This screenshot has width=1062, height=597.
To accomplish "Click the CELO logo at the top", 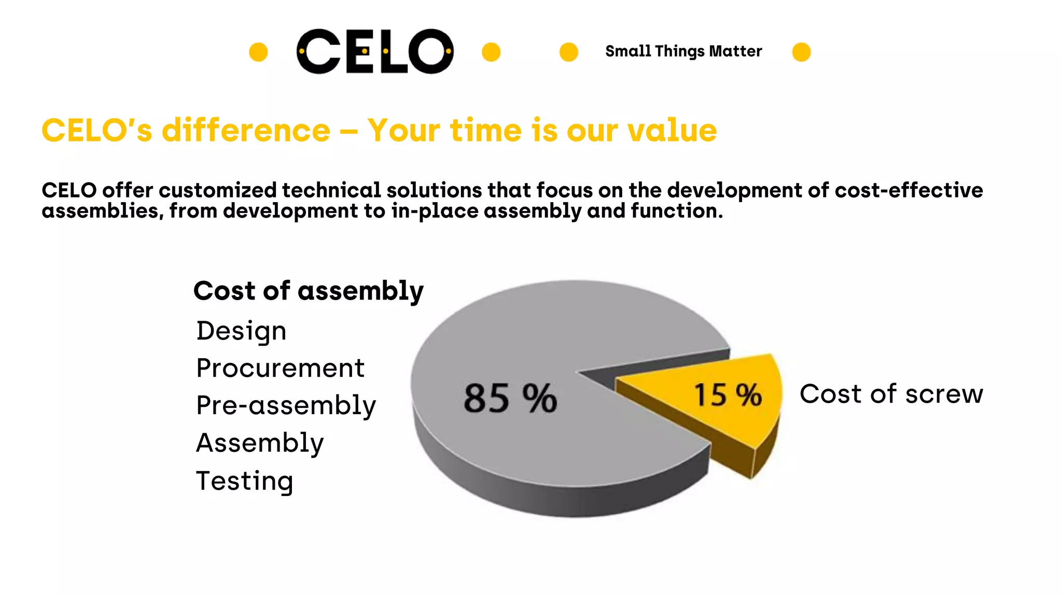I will click(x=374, y=51).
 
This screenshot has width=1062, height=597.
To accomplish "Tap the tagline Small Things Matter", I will click(x=683, y=51).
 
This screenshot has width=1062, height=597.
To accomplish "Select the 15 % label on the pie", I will click(x=728, y=395).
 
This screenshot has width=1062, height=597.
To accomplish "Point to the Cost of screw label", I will click(x=891, y=394).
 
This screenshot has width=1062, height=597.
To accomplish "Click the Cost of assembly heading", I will click(x=309, y=291).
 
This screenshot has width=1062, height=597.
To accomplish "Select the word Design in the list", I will click(x=241, y=331).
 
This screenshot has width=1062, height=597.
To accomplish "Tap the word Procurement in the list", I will click(x=280, y=368).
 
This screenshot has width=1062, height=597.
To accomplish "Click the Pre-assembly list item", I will click(x=286, y=406).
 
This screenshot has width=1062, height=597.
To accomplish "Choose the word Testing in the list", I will click(x=244, y=481).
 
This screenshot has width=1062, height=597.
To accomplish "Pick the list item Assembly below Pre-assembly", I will click(x=260, y=443).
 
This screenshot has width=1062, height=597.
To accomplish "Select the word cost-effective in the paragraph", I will click(x=909, y=191).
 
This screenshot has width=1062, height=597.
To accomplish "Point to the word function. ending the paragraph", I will click(x=676, y=211).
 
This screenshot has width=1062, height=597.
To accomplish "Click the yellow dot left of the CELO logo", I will click(x=258, y=52).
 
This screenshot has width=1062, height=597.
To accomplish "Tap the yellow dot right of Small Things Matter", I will click(x=801, y=52).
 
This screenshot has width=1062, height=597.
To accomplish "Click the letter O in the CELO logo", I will click(x=430, y=51).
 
